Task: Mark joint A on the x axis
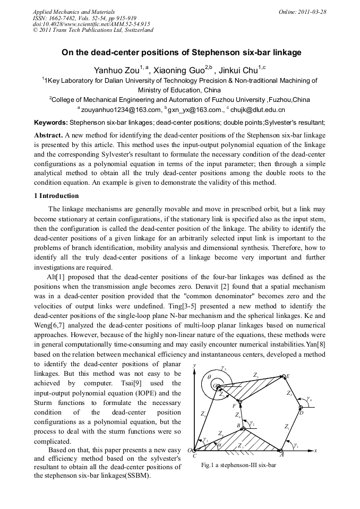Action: [x=281, y=451]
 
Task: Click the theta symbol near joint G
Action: [x=209, y=377]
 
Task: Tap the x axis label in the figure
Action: [x=315, y=450]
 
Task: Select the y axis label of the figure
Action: [x=195, y=366]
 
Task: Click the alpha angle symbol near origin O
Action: [x=219, y=445]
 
